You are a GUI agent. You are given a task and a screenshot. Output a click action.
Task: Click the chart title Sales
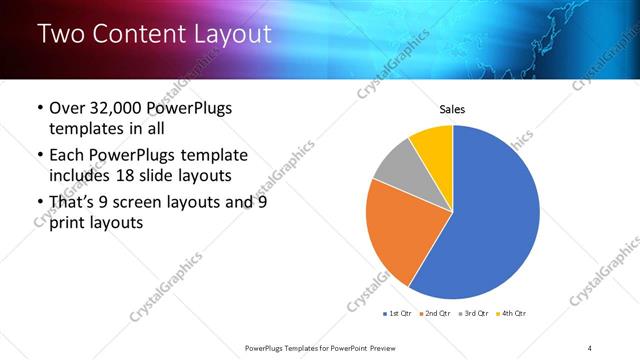coord(453,109)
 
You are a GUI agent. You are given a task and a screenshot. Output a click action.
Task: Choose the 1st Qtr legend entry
coord(397,313)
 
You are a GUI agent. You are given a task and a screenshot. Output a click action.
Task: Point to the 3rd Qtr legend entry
coord(474,313)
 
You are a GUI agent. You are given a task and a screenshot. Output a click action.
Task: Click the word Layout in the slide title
coord(232,34)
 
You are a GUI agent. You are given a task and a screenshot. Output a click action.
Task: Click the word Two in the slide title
coord(62,34)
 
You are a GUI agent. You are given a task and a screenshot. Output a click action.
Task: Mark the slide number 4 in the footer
coord(590,347)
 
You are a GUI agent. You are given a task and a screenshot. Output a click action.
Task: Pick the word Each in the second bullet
coord(68,156)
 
